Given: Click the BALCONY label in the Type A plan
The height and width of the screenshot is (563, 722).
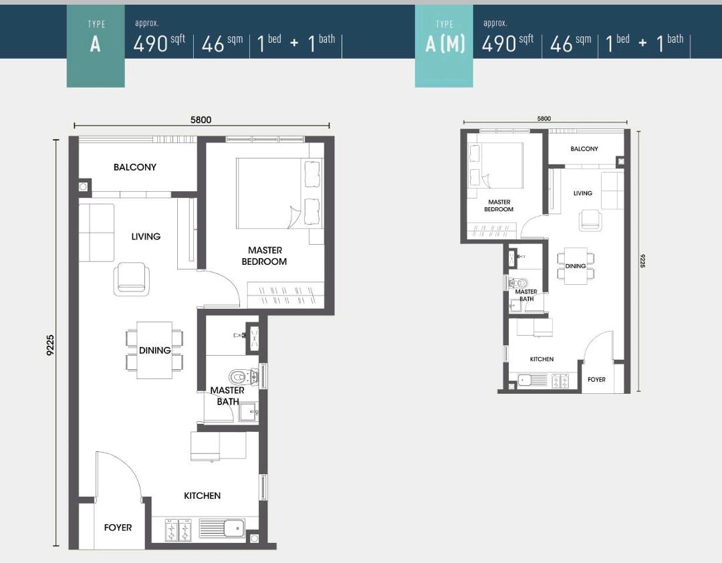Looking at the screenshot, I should pyautogui.click(x=134, y=167).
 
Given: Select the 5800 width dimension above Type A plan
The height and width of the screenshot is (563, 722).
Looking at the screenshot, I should pyautogui.click(x=201, y=120).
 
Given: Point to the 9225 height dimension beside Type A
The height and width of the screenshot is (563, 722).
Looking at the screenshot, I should pyautogui.click(x=50, y=345).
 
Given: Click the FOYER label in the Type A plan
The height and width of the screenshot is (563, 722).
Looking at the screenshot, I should pyautogui.click(x=118, y=528).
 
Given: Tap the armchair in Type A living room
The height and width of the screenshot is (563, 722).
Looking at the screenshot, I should pyautogui.click(x=130, y=277).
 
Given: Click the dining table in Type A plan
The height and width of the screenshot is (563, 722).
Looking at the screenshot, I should pyautogui.click(x=154, y=350).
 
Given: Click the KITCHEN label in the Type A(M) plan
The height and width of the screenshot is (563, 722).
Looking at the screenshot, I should pyautogui.click(x=541, y=359).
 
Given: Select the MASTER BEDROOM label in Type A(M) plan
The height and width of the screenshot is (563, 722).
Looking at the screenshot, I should pyautogui.click(x=499, y=205).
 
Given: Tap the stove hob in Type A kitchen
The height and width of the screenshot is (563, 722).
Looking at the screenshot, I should pyautogui.click(x=178, y=530).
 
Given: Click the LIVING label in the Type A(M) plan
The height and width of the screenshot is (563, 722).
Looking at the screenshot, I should pyautogui.click(x=582, y=193).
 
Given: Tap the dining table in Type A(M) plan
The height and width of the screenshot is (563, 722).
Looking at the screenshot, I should pyautogui.click(x=576, y=265).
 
